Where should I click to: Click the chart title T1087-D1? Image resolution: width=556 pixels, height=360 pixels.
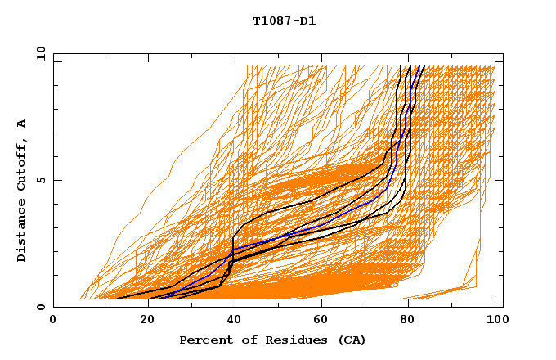tap(284, 21)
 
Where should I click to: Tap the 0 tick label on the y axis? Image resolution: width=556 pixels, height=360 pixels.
tap(40, 308)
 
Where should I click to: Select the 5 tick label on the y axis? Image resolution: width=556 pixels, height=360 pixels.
tap(40, 180)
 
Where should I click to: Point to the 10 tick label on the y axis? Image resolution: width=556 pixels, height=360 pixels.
tap(37, 53)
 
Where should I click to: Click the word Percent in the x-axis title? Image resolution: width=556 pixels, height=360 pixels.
tap(203, 340)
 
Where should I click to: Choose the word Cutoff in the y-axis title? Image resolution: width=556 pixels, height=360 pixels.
tap(22, 164)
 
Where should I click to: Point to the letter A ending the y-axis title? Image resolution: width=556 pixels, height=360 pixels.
tap(22, 123)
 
